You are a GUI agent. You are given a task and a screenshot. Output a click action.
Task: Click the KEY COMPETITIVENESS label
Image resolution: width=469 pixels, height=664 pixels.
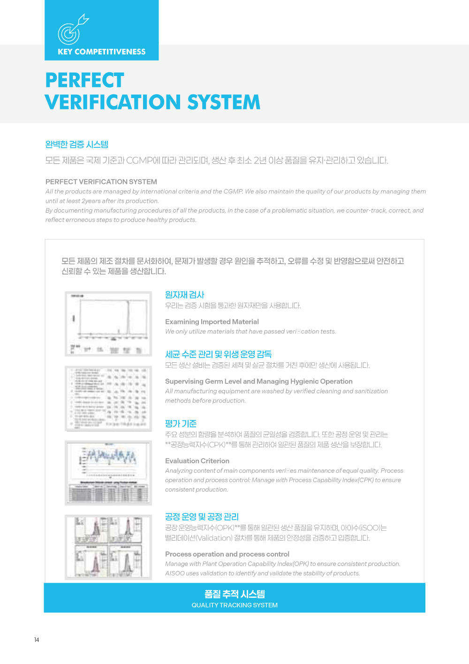[101, 52]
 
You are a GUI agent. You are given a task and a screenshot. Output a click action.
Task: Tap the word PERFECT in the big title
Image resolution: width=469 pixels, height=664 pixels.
[85, 80]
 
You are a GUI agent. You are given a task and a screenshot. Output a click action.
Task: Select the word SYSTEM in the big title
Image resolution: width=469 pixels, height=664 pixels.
[223, 102]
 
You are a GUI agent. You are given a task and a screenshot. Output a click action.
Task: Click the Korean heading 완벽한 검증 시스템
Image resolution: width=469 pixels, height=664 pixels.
[77, 145]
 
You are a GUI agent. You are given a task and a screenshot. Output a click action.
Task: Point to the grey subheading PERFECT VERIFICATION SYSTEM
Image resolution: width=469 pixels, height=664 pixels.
[101, 182]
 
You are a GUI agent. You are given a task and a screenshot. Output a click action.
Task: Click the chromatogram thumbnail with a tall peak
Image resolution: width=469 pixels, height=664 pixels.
[108, 324]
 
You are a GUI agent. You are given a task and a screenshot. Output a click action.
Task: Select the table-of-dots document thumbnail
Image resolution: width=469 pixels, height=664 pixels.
[108, 398]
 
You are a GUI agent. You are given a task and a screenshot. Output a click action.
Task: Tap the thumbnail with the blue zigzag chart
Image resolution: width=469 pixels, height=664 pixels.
[108, 473]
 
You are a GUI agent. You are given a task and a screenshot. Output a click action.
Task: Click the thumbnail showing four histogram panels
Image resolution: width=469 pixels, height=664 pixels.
[108, 547]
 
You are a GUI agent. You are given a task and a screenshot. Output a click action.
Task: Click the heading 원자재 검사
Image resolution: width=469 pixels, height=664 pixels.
[185, 295]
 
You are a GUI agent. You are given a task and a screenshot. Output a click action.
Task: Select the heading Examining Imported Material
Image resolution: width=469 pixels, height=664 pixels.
[212, 321]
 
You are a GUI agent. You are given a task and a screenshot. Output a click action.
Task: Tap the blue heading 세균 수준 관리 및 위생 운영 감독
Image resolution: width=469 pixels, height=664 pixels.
[219, 354]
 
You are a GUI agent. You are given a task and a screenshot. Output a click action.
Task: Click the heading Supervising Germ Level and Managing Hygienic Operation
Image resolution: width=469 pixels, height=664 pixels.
[259, 381]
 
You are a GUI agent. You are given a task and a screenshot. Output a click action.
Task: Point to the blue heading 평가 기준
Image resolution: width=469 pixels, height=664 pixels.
[181, 424]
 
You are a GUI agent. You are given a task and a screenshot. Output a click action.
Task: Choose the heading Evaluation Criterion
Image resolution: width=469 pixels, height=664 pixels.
[197, 461]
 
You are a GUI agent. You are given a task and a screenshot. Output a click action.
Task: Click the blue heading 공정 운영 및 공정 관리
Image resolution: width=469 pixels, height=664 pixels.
[202, 517]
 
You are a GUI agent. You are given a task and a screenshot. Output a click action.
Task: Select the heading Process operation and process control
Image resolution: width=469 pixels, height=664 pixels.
[227, 554]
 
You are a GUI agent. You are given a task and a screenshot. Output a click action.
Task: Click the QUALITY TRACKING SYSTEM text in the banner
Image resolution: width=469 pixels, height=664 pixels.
[234, 605]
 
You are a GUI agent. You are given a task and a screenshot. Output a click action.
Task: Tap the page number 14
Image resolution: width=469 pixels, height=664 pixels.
[37, 640]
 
